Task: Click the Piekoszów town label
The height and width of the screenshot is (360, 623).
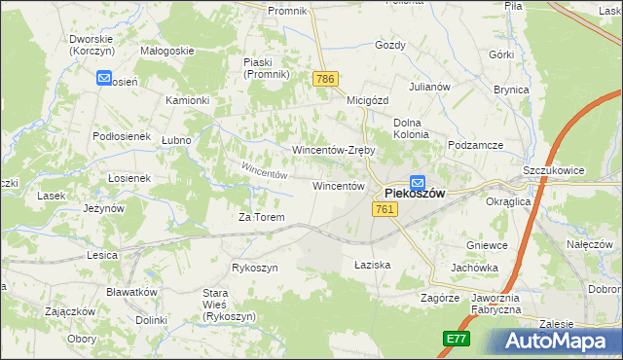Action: coord(415,194)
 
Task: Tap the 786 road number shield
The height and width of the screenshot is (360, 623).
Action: coord(325,78)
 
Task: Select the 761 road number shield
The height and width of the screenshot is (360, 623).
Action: coord(385,209)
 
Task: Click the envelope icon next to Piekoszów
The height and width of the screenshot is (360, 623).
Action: coord(418,181)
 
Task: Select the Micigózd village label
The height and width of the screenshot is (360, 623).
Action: coord(367,99)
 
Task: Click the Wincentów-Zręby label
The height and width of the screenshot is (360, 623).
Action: coord(334,151)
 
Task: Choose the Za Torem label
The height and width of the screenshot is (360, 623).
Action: coord(262,217)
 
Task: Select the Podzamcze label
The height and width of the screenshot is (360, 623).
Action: coord(475,145)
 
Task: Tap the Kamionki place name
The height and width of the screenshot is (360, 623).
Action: coord(188,100)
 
